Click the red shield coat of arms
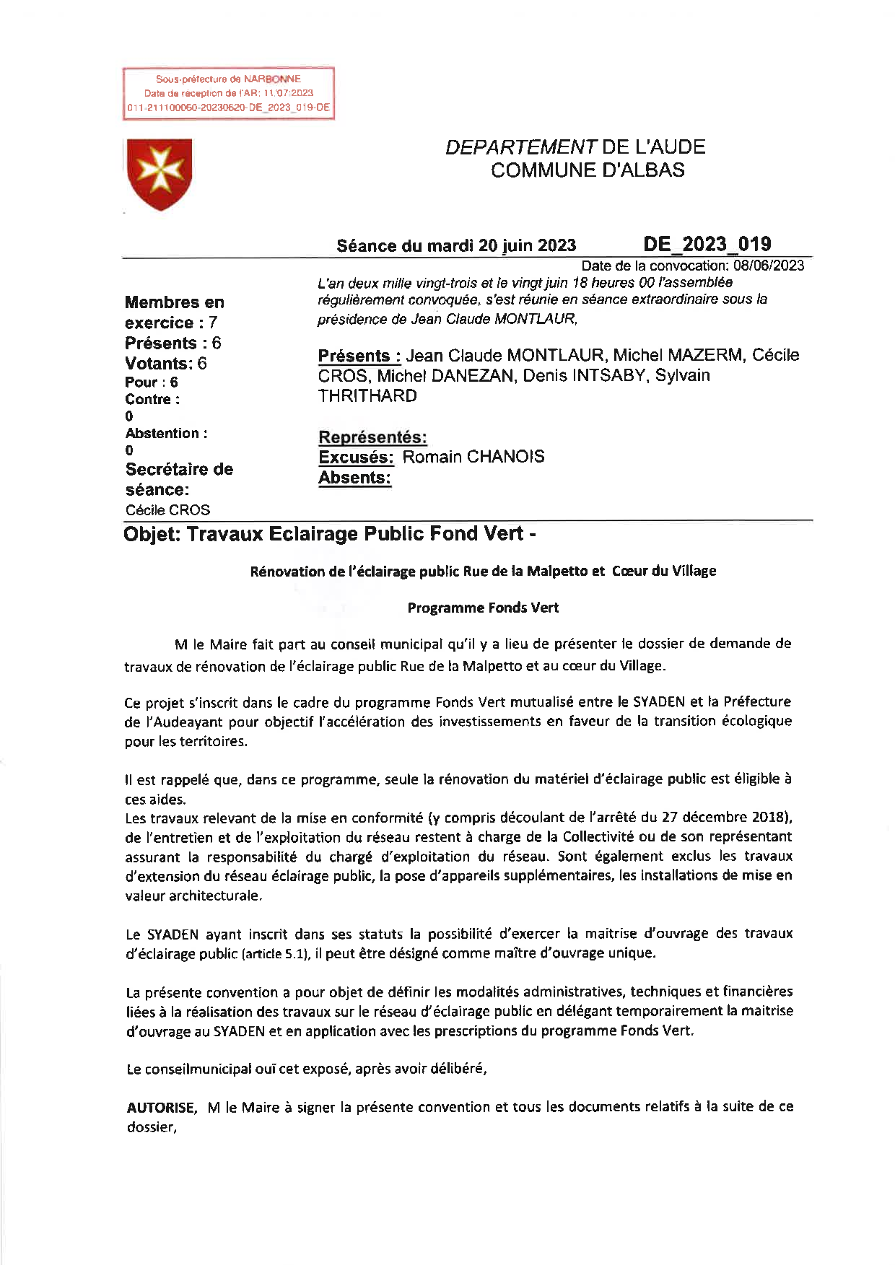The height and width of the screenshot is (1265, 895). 160,174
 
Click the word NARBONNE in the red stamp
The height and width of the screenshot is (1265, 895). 272,79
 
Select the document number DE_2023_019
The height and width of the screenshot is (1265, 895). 707,244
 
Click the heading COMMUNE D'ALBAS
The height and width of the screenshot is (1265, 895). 588,170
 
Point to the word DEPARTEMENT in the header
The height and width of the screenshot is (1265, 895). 520,147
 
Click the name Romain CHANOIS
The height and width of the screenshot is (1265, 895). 473,457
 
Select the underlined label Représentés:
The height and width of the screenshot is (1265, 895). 372,437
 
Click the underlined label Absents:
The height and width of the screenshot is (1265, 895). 354,478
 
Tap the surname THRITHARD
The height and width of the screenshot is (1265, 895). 367,396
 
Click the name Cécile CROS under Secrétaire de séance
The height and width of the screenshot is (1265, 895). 167,510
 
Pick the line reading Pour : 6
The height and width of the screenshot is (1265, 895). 151,382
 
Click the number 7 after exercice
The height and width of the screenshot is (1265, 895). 213,323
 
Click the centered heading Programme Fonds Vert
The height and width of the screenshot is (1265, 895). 483,608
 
